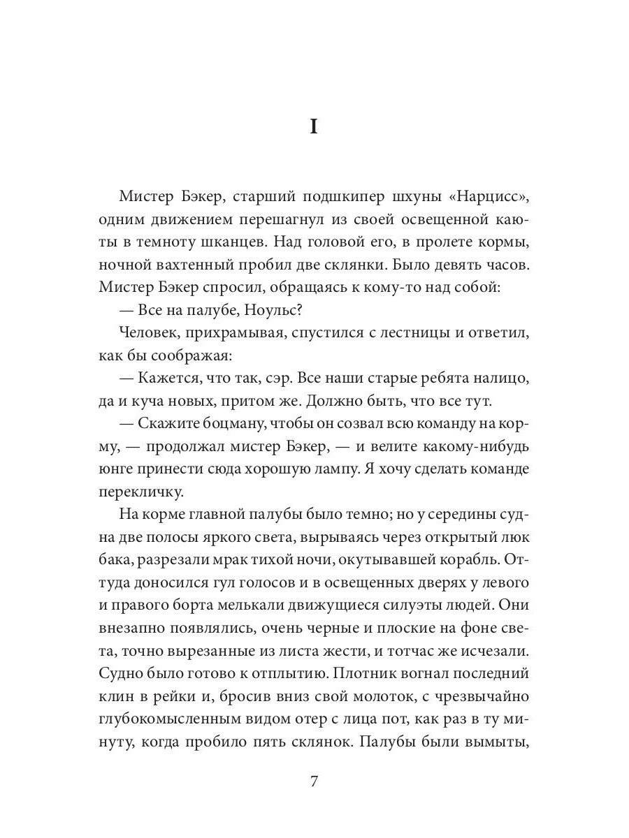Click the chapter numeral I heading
(314, 128)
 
